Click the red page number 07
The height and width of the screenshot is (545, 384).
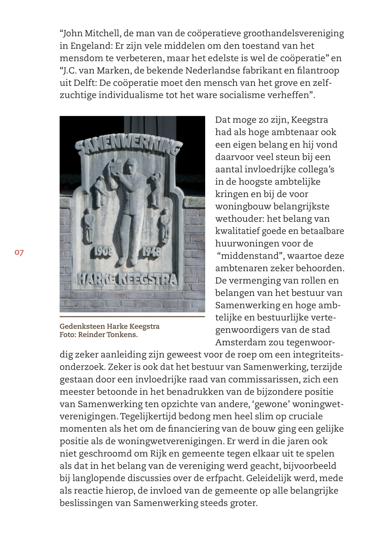coord(19,253)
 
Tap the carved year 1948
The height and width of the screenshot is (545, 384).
coord(151,252)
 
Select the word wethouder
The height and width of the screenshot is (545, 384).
coord(239,219)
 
